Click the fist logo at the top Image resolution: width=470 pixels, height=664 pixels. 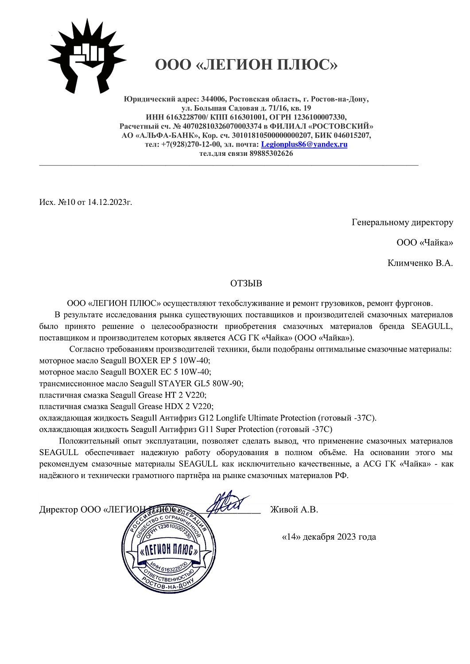(x=86, y=56)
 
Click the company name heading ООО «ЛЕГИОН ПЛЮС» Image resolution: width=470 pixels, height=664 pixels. (x=246, y=65)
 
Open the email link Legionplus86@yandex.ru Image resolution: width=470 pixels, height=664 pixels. (x=304, y=144)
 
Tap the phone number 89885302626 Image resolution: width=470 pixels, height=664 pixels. (x=271, y=154)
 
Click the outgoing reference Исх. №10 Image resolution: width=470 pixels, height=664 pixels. (x=57, y=202)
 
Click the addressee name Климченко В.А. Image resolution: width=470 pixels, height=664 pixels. (x=420, y=263)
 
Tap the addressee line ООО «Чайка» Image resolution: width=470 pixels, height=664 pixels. (x=424, y=243)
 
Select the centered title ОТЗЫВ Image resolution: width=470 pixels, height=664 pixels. (x=246, y=283)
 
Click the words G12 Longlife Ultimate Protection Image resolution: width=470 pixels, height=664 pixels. (x=257, y=418)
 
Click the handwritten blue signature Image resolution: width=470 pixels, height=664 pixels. (x=227, y=503)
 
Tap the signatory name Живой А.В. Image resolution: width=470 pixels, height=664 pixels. (x=294, y=510)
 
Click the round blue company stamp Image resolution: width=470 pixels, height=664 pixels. (x=169, y=549)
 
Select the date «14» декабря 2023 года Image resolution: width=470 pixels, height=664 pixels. (x=329, y=537)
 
